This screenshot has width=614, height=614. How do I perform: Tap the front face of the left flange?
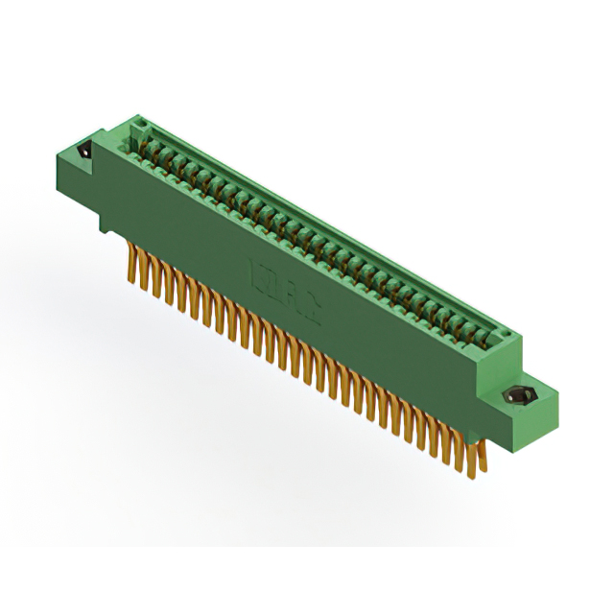tap(77, 177)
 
